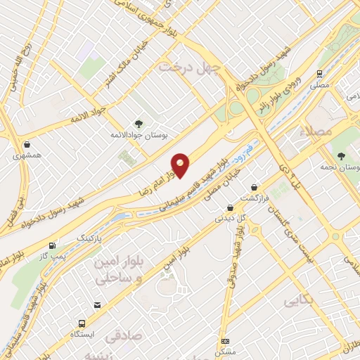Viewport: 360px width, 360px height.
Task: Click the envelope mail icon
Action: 98,305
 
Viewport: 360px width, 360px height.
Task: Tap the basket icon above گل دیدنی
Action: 231,207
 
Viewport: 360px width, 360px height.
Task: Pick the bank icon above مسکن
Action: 225,341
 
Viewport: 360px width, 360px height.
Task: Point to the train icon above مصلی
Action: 319,73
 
